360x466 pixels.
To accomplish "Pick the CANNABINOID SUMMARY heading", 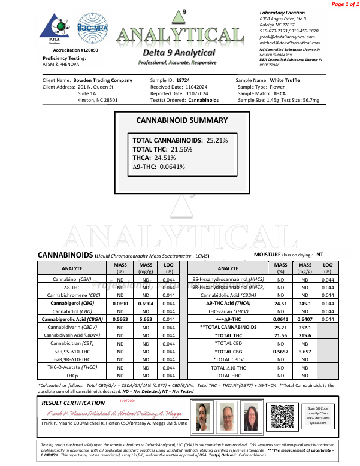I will (x=181, y=120).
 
